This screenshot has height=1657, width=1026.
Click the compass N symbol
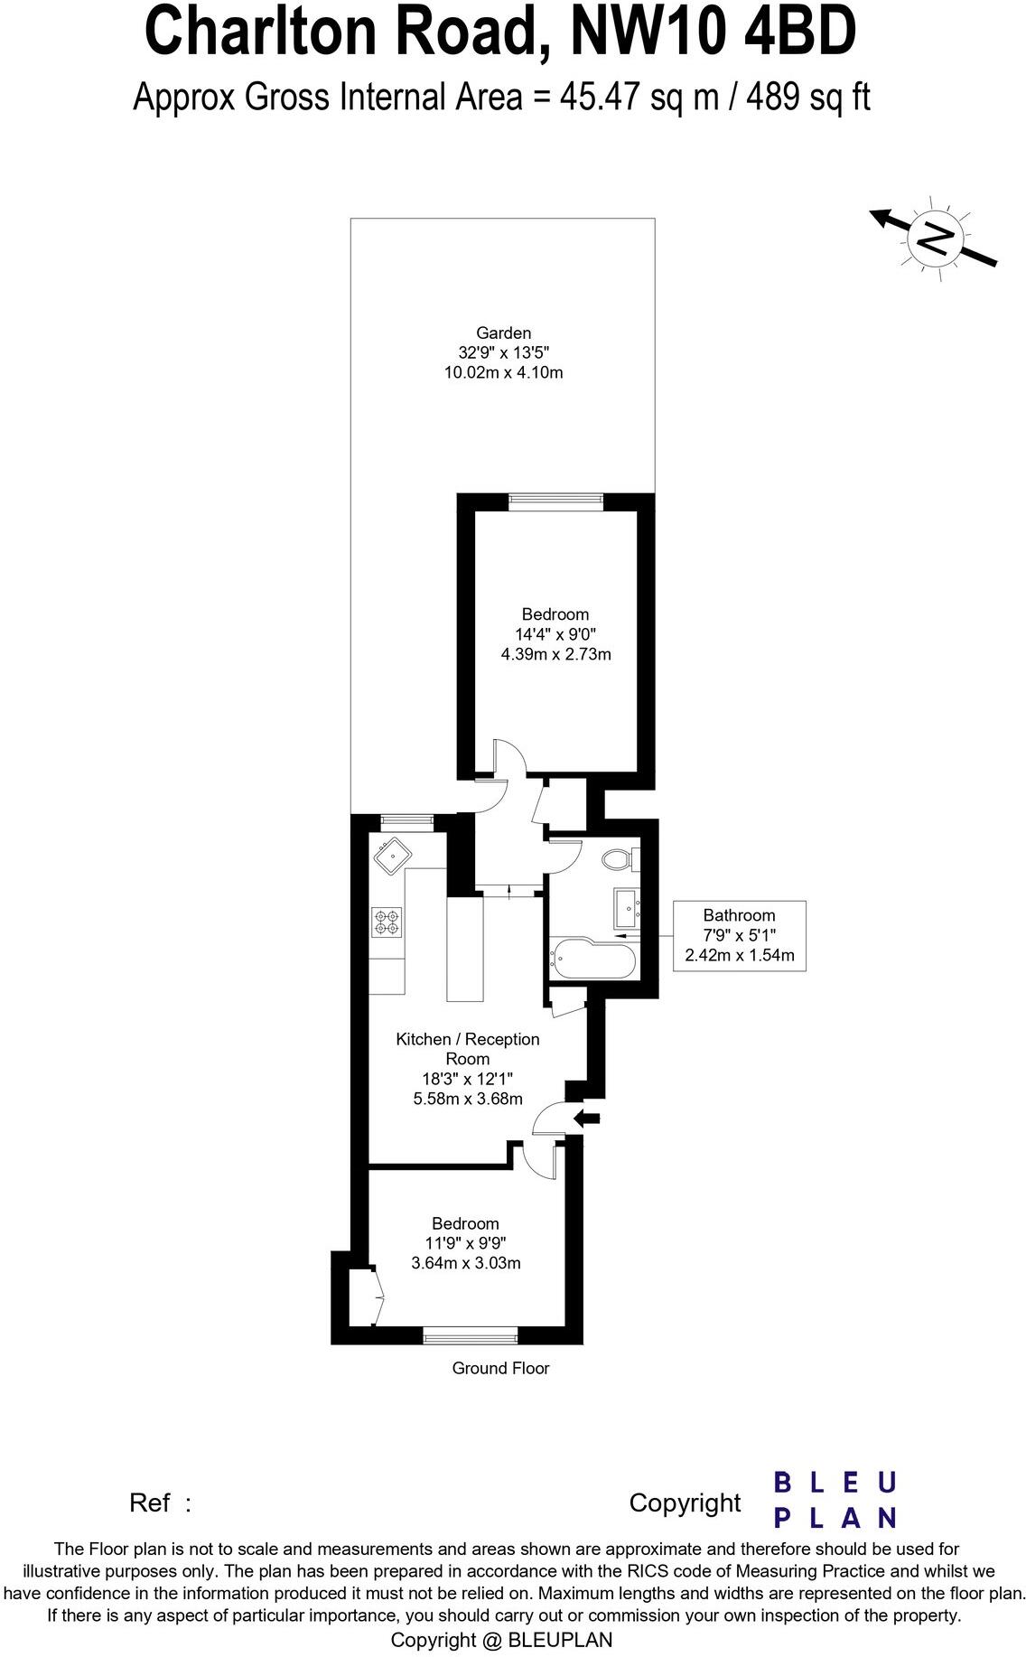click(936, 238)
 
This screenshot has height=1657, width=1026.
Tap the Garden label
click(503, 332)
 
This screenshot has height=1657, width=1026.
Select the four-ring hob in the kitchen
click(387, 921)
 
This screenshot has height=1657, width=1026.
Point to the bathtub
click(592, 957)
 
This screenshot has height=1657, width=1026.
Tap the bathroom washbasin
click(627, 906)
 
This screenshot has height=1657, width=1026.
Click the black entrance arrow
click(587, 1118)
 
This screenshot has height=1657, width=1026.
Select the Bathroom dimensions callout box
click(739, 935)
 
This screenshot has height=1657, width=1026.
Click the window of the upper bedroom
click(555, 498)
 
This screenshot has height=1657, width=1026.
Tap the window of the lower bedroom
click(471, 1333)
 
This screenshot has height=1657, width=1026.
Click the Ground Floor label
click(500, 1368)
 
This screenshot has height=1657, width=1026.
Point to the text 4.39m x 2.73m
click(555, 653)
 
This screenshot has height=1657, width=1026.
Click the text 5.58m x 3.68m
click(467, 1099)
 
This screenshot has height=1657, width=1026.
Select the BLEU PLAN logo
click(835, 1499)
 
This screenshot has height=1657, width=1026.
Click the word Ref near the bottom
click(150, 1503)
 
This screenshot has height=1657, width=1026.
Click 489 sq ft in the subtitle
click(807, 97)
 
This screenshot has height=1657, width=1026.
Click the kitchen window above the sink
click(406, 821)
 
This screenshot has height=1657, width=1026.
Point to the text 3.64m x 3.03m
click(465, 1263)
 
